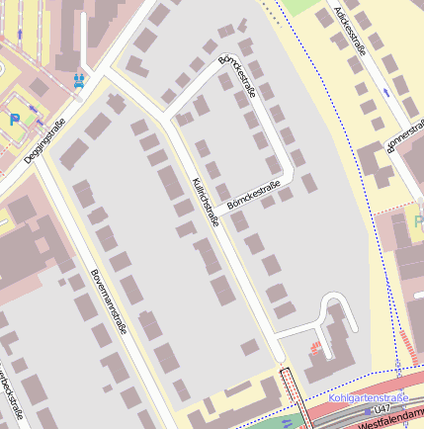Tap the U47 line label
coord(382,408)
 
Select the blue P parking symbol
coord(16,119)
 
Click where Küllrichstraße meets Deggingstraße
coord(105,72)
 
